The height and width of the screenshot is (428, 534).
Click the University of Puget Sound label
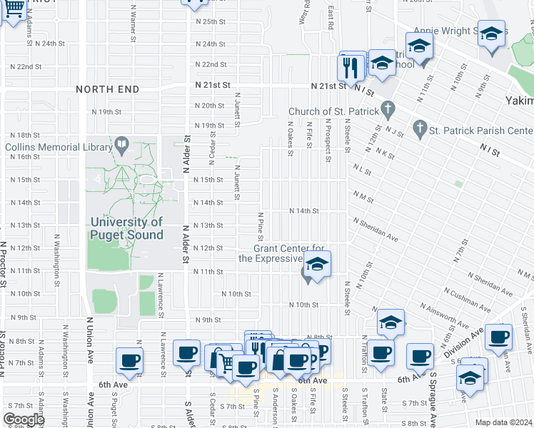pyautogui.click(x=126, y=228)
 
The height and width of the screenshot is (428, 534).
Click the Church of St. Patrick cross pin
pyautogui.click(x=388, y=111)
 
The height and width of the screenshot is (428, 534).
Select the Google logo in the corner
pyautogui.click(x=23, y=419)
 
